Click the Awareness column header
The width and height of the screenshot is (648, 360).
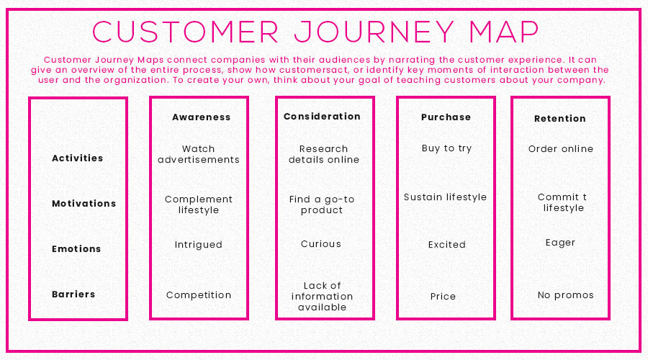point(202,117)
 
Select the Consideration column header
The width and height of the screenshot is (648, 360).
point(322,117)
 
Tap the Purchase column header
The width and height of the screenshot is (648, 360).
point(446,117)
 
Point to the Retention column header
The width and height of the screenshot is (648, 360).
point(560,119)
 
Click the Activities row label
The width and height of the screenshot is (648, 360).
point(77,158)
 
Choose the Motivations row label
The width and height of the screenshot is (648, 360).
point(84,203)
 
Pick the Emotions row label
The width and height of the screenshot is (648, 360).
point(76,249)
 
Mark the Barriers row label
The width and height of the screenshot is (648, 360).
point(73,294)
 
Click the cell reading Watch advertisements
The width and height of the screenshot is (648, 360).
point(199,154)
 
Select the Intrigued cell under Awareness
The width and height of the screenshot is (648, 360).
point(199,245)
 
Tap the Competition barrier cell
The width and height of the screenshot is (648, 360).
point(199,295)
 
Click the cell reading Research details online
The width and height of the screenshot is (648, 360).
point(324,154)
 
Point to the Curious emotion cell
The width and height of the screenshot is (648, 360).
point(321,244)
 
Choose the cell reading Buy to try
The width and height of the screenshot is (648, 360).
point(446,148)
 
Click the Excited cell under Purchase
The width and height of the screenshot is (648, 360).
point(446,245)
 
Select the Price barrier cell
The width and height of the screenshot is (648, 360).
point(443,297)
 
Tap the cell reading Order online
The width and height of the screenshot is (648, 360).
point(561,149)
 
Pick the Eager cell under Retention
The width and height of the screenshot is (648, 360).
point(560,243)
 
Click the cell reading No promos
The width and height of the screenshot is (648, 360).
point(566,295)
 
